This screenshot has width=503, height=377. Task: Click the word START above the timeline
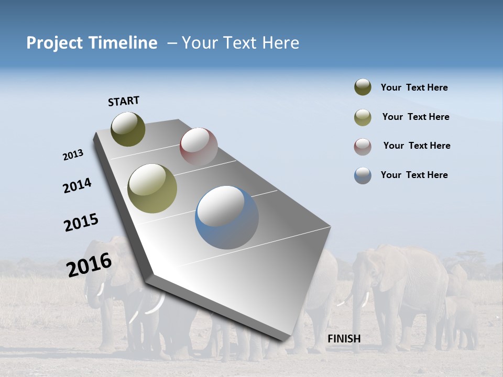[124, 101]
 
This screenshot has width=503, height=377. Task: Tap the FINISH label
[344, 339]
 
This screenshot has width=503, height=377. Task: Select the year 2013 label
[73, 155]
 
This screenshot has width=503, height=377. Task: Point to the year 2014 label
[77, 185]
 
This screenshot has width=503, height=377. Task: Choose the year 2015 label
[81, 223]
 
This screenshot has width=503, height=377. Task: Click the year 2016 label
[89, 264]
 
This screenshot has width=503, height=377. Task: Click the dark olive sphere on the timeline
[128, 129]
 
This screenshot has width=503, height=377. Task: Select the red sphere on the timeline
[199, 146]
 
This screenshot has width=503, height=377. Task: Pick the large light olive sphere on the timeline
[152, 188]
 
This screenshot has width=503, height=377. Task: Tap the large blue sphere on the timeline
[226, 217]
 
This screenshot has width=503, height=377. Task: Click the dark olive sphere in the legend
[363, 87]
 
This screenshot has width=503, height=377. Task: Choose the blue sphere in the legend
[363, 175]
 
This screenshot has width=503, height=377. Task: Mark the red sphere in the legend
[363, 147]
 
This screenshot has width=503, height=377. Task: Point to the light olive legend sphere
[363, 117]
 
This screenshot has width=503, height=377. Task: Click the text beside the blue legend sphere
[414, 175]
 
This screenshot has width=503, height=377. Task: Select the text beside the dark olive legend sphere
[414, 87]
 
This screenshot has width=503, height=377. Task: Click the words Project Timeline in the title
[92, 43]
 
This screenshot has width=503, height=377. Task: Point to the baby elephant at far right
[461, 319]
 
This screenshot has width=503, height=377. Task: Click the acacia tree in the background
[469, 259]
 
